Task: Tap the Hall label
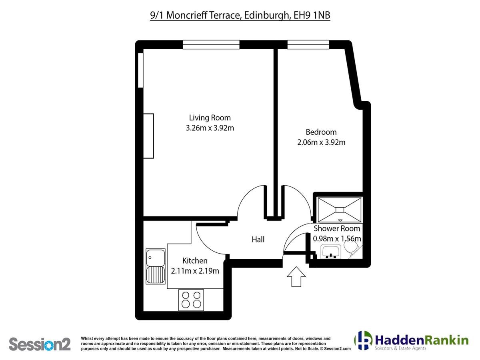click(258, 239)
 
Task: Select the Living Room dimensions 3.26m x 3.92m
click(210, 128)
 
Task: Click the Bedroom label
click(321, 132)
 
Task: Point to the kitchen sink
click(156, 266)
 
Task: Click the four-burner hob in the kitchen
click(191, 300)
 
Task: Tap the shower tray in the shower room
click(340, 210)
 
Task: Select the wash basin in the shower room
click(331, 252)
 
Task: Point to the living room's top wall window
click(211, 44)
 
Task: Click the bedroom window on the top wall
click(308, 44)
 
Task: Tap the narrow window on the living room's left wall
click(141, 70)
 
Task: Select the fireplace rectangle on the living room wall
click(148, 136)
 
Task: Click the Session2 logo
click(40, 344)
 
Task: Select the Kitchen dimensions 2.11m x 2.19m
click(195, 271)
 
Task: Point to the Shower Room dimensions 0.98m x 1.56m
click(337, 239)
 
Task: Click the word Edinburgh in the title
click(268, 16)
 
